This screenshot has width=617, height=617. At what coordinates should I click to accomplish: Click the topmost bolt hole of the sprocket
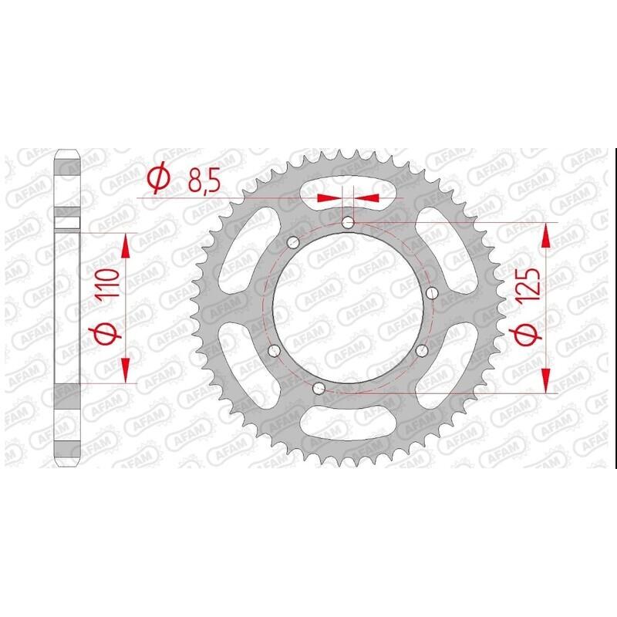pos(347,223)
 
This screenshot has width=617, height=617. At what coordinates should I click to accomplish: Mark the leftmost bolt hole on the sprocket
pos(272,352)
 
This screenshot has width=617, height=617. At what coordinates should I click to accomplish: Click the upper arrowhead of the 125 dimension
pos(546,236)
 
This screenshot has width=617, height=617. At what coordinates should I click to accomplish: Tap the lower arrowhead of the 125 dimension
pos(546,379)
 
